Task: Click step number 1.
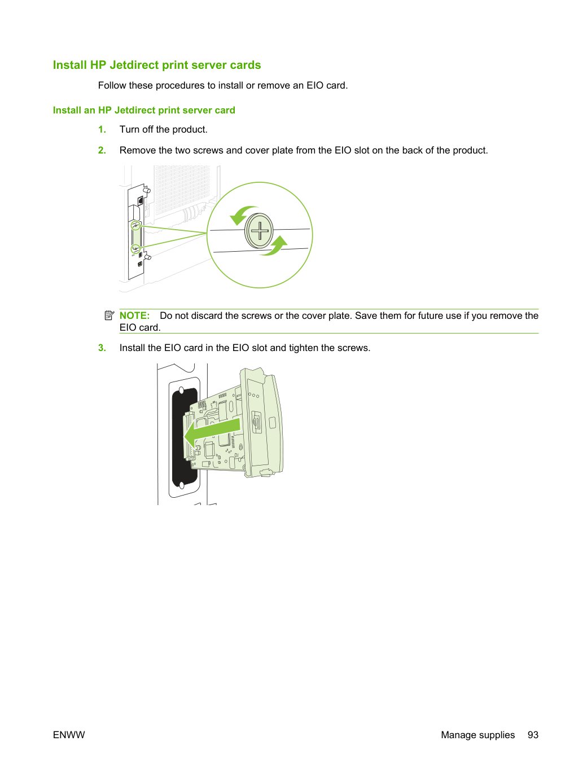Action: [102, 129]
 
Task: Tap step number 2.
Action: [102, 150]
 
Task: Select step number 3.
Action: [102, 348]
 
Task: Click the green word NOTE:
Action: [134, 315]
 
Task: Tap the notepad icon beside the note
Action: [109, 315]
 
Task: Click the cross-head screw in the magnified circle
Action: [259, 231]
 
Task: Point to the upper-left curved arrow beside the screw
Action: [243, 214]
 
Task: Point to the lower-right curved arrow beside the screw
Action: [275, 247]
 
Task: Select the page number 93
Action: [533, 735]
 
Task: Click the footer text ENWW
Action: [69, 735]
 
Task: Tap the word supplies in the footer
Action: [496, 735]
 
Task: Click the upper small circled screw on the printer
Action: [135, 225]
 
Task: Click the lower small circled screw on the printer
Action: [135, 248]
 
